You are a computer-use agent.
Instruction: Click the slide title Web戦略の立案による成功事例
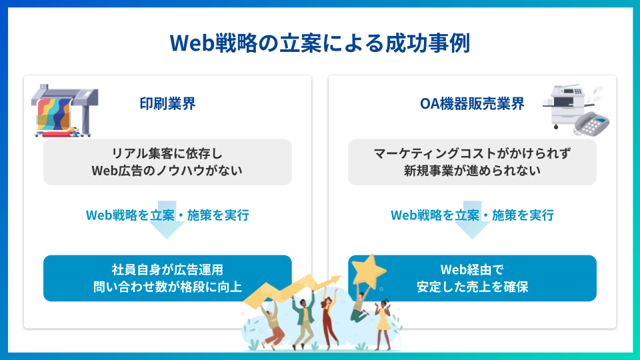point(320,43)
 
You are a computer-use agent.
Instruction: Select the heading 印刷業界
point(167,104)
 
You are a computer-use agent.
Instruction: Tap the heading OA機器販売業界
point(472,104)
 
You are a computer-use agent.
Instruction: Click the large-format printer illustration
point(65,110)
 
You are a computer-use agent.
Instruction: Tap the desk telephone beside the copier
point(591,123)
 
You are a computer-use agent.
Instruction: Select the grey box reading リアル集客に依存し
point(167,162)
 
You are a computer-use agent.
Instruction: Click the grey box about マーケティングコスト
point(472,162)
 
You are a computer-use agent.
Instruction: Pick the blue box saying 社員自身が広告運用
point(167,279)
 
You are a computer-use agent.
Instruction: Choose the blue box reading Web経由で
point(472,279)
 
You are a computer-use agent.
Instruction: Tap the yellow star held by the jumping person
point(368,270)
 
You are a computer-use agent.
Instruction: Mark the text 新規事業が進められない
point(472,171)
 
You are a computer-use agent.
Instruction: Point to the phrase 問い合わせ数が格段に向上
point(167,287)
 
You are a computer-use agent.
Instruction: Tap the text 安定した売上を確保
point(472,287)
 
